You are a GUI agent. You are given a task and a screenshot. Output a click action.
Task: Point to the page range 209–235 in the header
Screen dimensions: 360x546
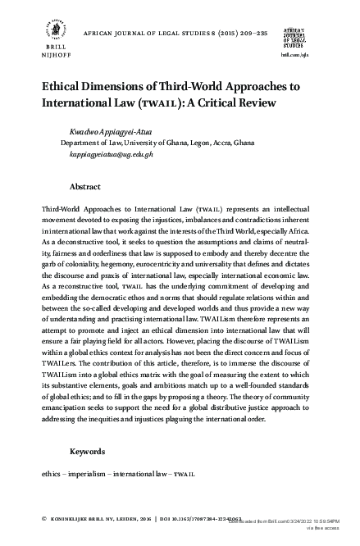click(x=216, y=36)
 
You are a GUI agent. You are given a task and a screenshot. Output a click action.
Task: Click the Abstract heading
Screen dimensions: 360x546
click(x=84, y=187)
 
